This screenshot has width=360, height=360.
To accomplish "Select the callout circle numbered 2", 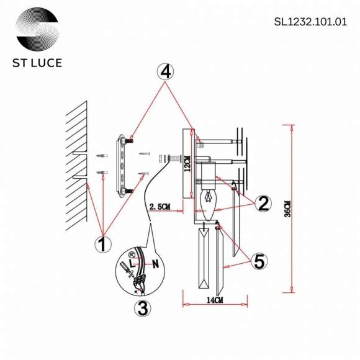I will [x=263, y=203].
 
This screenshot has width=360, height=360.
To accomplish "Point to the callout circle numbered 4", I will [x=165, y=72].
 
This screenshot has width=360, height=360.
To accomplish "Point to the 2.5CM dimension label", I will [x=161, y=207].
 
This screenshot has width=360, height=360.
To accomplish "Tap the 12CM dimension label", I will [x=186, y=163].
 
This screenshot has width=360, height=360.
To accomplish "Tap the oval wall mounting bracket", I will [x=122, y=165].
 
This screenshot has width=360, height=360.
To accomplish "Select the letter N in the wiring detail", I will [x=155, y=263].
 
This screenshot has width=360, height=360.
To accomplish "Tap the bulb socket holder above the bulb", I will [x=207, y=173].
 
